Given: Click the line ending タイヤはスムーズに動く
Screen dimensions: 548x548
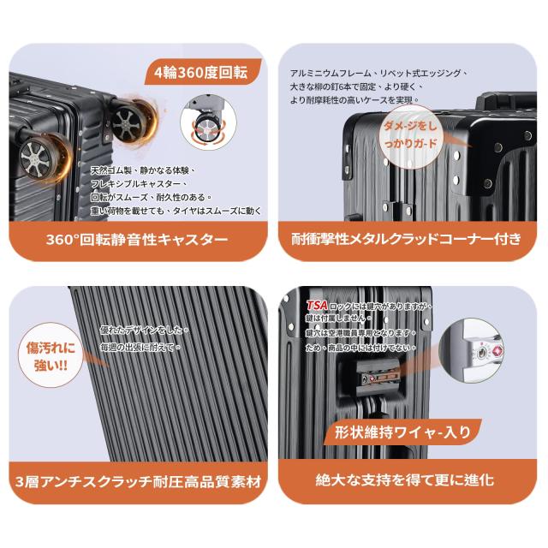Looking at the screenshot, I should (x=176, y=210).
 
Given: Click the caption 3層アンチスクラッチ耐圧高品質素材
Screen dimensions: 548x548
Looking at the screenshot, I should (x=137, y=480).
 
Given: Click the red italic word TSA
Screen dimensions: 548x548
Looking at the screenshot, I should (x=318, y=305).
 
